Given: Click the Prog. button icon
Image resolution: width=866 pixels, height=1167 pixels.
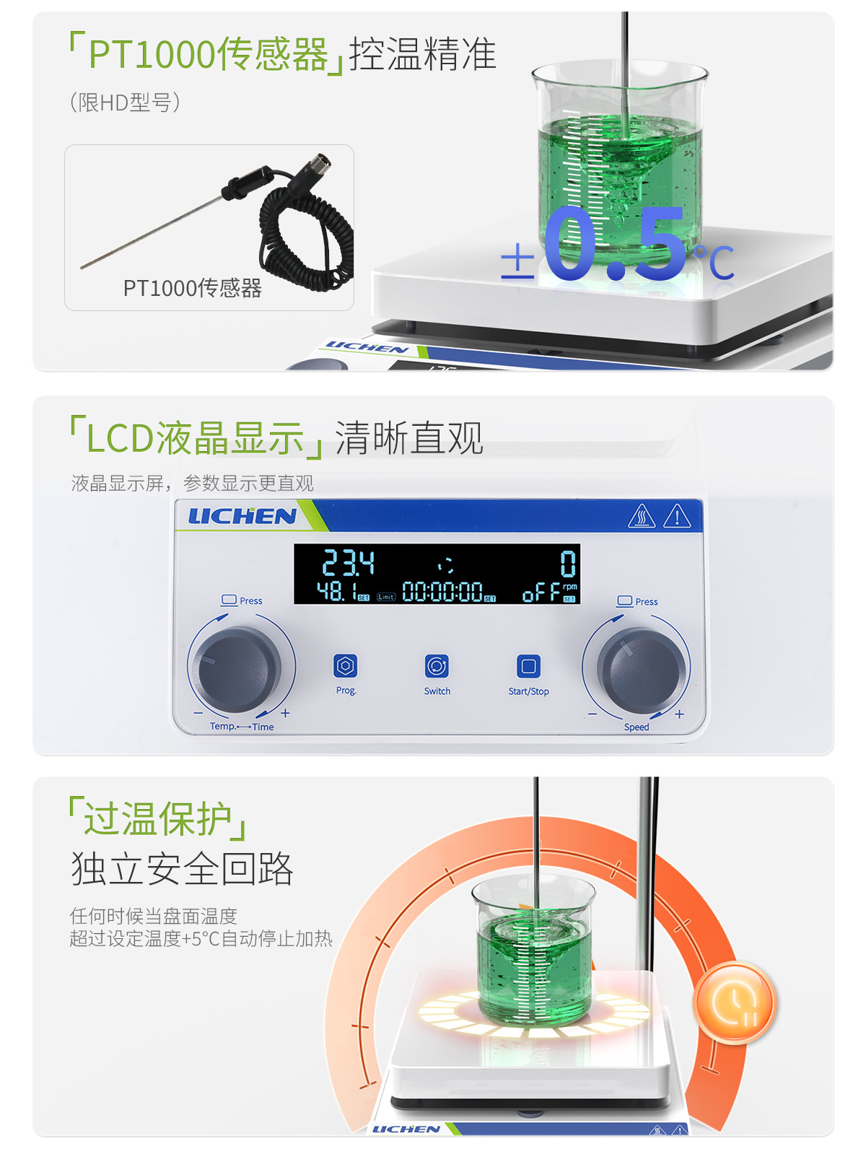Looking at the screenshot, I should coord(346,666).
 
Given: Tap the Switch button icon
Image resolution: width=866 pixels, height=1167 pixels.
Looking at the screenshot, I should coord(437,666).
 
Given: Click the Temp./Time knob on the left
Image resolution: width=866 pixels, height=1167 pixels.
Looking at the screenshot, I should coord(239,669).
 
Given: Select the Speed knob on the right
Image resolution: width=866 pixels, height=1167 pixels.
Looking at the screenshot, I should coord(640,670).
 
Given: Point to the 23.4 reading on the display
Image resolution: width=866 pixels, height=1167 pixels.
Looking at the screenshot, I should coord(348,563).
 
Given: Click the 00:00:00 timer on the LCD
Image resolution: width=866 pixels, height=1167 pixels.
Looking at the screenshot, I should coord(442,593).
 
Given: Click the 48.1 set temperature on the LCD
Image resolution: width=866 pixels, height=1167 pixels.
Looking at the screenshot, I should coord(337,593).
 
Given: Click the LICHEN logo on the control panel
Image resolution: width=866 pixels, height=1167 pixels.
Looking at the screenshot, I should coord(242,516).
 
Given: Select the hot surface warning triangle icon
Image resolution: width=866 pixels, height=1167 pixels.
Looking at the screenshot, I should coord(641,517).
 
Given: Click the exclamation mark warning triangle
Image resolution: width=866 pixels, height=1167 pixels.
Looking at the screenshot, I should coord(676,517).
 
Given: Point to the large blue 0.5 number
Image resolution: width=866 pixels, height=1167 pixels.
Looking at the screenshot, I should coord(615,245).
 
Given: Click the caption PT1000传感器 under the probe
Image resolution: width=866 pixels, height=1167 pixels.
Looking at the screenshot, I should coord(192,289).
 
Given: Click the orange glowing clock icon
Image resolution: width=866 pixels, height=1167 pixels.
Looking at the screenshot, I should coord(734,1003).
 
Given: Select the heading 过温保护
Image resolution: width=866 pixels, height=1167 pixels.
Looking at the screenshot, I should coord(158,819).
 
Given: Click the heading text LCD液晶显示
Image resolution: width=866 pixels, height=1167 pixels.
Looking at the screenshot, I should coord(195,439).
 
